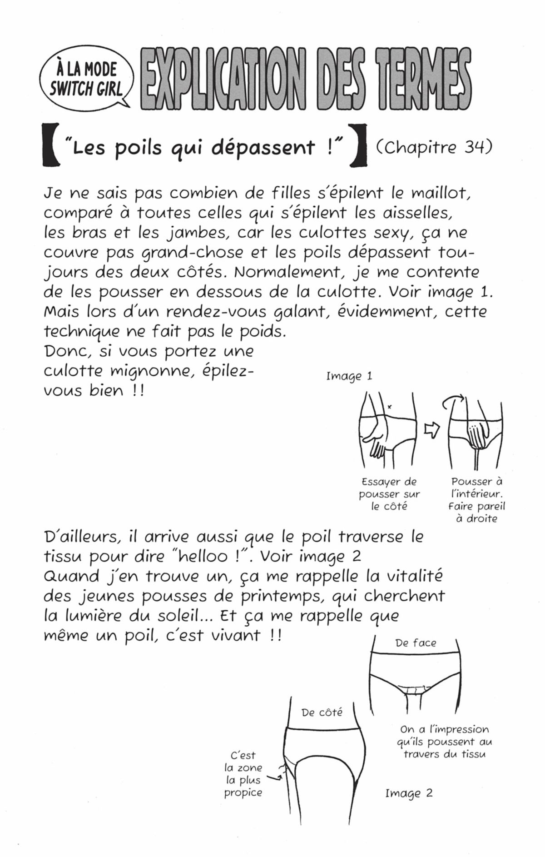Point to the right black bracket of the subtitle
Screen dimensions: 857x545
tap(361, 148)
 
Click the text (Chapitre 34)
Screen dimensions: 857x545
tap(434, 147)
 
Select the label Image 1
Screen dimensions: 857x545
tap(349, 376)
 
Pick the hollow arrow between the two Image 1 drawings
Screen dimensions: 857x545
tap(431, 429)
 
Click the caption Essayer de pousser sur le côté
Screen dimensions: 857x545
tap(389, 493)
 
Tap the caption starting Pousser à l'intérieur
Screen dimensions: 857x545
tap(476, 500)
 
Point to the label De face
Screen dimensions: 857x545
tap(416, 643)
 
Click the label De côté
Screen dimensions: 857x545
tap(322, 713)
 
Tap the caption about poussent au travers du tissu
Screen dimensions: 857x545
tap(444, 742)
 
